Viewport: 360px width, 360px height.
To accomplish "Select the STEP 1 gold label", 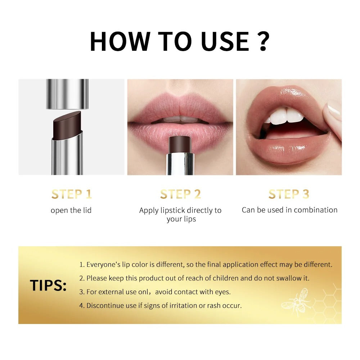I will click(x=71, y=194).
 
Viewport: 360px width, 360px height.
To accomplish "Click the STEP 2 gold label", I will click(x=180, y=194).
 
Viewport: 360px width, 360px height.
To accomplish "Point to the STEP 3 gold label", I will click(x=289, y=194).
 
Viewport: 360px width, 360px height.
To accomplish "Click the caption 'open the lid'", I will click(x=71, y=210).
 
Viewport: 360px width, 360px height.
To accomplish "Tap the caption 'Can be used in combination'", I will click(x=289, y=210).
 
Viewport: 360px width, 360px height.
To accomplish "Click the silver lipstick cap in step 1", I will click(x=67, y=94).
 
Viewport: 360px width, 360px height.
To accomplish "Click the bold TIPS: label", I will click(x=48, y=285).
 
